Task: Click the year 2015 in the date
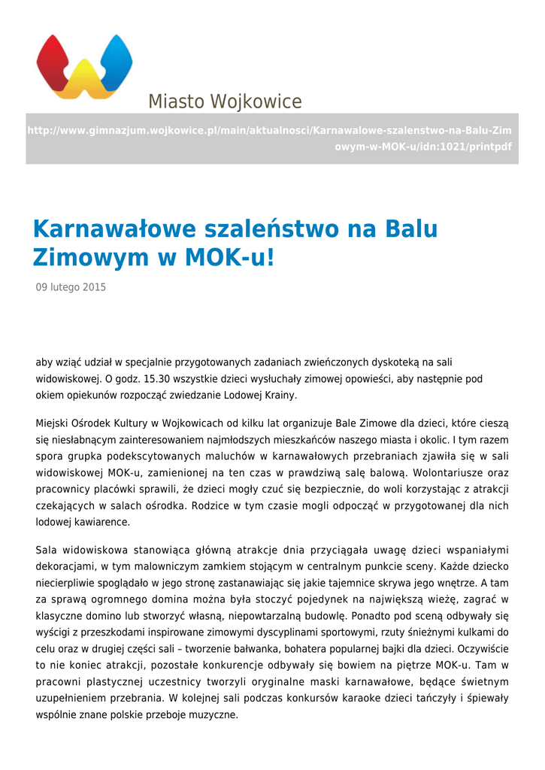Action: point(94,287)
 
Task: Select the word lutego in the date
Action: point(66,287)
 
